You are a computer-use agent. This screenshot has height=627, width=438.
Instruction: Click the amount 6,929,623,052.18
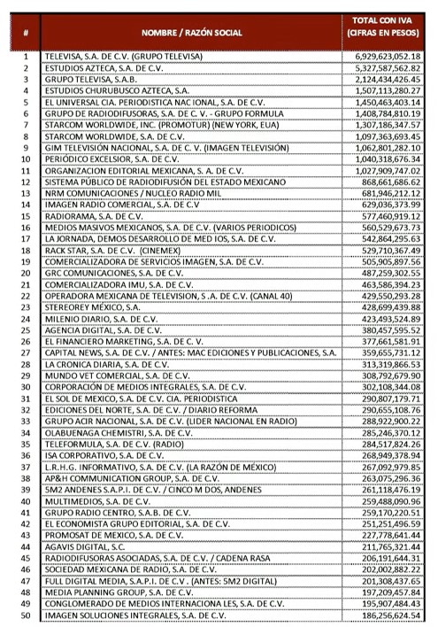[x=383, y=56]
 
